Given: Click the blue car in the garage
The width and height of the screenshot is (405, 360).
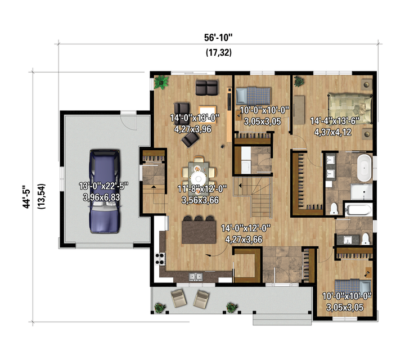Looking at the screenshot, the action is coord(105,191).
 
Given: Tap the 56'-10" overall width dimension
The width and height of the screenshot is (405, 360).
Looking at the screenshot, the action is coord(218,38).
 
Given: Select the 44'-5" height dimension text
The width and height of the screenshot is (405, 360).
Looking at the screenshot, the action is coord(26,196).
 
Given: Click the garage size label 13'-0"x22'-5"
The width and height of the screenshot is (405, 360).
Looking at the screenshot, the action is coord(103,186).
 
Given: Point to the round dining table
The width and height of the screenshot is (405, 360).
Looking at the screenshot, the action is coord(199,178).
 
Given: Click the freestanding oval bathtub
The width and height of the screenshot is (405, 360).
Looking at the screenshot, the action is coord(364,168).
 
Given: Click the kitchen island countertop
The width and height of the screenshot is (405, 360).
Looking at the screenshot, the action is coord(199,232).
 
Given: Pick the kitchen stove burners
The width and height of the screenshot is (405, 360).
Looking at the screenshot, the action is coord(160,259).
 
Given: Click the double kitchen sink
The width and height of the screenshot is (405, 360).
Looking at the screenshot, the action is coord(196,277).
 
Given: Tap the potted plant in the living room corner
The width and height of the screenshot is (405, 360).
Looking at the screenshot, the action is coord(161,82).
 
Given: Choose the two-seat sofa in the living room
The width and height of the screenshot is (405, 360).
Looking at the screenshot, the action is coord(206,87).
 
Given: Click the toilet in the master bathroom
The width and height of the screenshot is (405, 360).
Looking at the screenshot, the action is coord(334,209).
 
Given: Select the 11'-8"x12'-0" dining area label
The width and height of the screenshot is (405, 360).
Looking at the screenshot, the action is coord(202,189).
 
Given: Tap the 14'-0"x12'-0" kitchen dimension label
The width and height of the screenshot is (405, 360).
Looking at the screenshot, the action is coord(246,228).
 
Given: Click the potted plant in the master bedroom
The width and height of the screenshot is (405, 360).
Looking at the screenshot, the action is coord(299,81).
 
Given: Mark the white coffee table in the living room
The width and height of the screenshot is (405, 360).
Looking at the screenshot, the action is coord(208,113).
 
